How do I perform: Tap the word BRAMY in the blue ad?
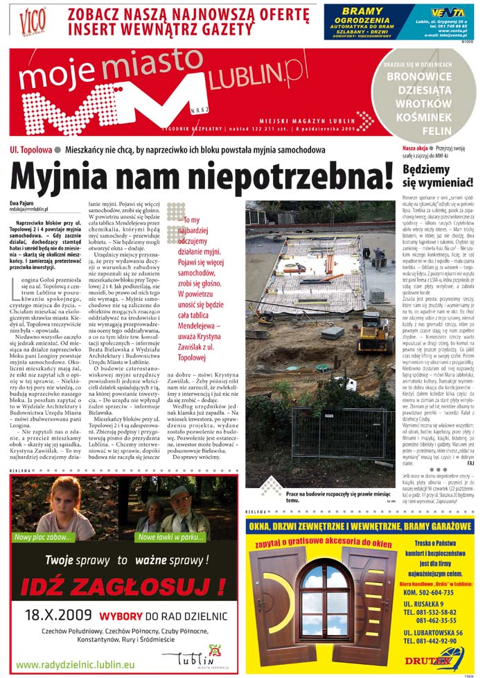click(x=362, y=11)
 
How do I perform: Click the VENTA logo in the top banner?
click(x=447, y=12)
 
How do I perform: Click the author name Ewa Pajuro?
click(x=23, y=202)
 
